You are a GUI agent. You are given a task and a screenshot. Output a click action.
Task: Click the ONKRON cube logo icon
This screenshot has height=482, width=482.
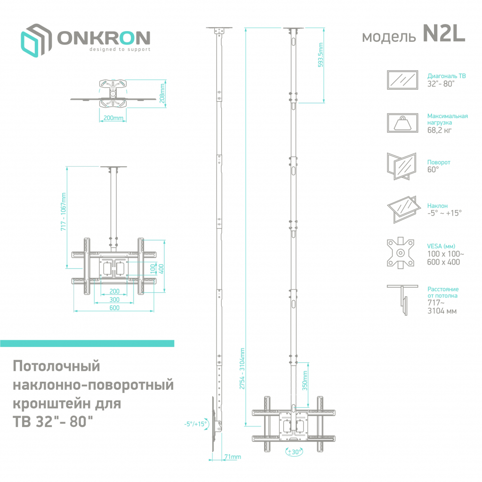[x=36, y=41]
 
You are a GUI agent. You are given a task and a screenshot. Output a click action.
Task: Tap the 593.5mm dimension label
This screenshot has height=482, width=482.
[x=321, y=56]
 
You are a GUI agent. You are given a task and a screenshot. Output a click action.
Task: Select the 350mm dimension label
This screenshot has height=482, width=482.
[x=305, y=380]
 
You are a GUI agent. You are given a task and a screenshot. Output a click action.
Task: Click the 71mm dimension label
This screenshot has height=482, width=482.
[x=232, y=457]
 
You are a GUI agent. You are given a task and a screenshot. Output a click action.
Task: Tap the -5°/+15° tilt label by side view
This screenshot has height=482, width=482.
[x=196, y=424]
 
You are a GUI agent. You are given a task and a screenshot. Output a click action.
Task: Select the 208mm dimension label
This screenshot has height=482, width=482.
[x=162, y=93]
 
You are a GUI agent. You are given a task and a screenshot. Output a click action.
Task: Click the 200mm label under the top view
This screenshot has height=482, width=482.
[x=112, y=118]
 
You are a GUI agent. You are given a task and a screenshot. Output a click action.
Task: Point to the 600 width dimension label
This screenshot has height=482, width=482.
[x=114, y=308]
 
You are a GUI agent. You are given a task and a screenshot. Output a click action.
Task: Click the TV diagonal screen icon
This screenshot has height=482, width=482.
[x=402, y=80]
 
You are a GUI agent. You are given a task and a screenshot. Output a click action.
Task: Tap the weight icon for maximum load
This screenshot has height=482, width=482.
[x=402, y=123]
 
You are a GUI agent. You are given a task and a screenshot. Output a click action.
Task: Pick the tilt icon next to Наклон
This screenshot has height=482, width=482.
[x=401, y=209]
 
